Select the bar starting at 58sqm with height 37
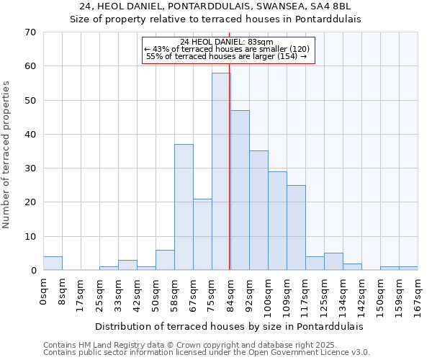pos(184,207)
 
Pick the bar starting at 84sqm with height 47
pos(240,190)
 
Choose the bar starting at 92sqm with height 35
pos(258,210)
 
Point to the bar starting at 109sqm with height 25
pos(296,228)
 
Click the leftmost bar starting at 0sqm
pos(53,264)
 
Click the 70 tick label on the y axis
pos(30,32)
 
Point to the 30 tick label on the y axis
pos(30,168)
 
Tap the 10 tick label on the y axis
pos(30,237)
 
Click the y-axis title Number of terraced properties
pos(7,155)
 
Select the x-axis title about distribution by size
pos(229,326)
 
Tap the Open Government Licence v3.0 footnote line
pos(207,352)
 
